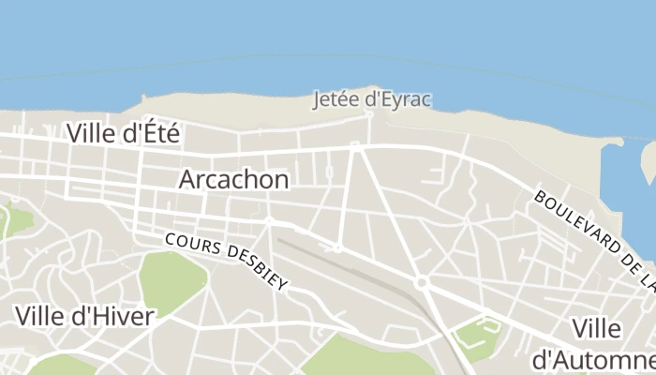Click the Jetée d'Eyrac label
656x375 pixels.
pyautogui.click(x=372, y=98)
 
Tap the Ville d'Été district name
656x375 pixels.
pyautogui.click(x=123, y=133)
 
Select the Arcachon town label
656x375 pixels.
pyautogui.click(x=233, y=179)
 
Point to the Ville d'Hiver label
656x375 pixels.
pyautogui.click(x=83, y=316)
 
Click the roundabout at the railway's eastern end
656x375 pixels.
pyautogui.click(x=423, y=281)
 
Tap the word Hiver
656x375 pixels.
pyautogui.click(x=123, y=316)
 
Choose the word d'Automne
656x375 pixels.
pyautogui.click(x=592, y=359)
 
